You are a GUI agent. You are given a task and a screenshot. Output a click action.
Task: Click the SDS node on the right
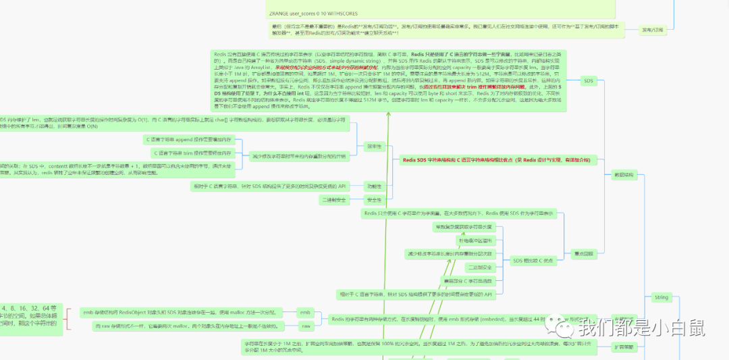[x=587, y=80]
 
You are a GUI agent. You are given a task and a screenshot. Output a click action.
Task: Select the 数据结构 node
[x=623, y=174]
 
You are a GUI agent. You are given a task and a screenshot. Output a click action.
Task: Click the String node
[x=661, y=297]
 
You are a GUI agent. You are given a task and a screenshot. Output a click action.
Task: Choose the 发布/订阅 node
[x=652, y=30]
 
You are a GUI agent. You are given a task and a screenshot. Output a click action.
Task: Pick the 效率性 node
[x=373, y=146]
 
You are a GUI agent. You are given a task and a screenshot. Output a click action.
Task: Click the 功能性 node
[x=373, y=186]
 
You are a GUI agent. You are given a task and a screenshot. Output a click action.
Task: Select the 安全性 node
[x=373, y=200]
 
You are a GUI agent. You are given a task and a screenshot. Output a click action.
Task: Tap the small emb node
[x=305, y=313]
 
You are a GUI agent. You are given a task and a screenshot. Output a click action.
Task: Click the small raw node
[x=305, y=326]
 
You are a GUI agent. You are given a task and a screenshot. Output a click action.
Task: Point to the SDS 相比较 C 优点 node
[x=533, y=260]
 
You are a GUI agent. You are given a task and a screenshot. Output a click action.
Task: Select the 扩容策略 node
[x=624, y=346]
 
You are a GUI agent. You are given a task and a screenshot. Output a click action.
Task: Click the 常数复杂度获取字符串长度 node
[x=464, y=226]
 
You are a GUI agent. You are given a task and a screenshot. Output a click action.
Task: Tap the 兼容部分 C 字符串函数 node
[x=468, y=280]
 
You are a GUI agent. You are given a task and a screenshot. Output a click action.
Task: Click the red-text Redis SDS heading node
[x=496, y=160]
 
